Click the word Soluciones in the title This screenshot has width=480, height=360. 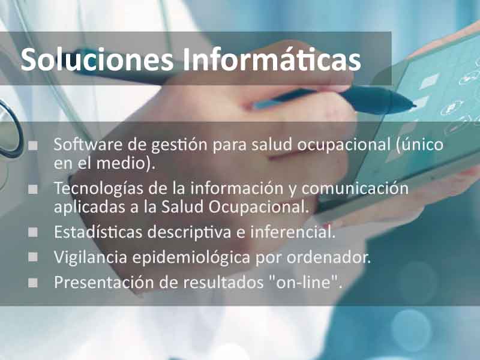tap(97, 59)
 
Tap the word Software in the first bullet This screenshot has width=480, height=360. tap(88, 144)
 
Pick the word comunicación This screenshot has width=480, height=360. tap(355, 188)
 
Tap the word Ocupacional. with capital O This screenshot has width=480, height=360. tap(259, 207)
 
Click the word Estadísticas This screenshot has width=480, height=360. tap(98, 232)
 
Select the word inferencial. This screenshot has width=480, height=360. tap(293, 232)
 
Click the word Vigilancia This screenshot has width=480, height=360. tap(91, 257)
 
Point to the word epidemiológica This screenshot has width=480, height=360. tap(191, 258)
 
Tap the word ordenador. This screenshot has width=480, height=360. tap(329, 257)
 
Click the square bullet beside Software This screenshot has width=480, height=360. tap(33, 145)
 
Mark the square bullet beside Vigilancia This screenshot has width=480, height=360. tap(33, 257)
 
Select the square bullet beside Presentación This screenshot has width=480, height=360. tap(33, 283)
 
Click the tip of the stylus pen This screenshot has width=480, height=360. tap(415, 106)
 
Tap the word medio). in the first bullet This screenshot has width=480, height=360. tap(126, 163)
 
